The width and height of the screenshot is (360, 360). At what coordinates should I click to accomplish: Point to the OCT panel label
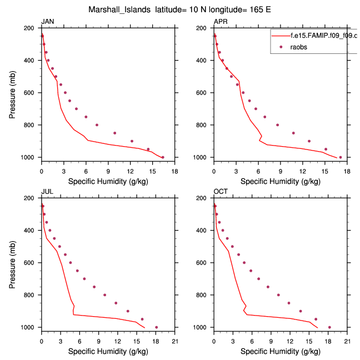point(221,192)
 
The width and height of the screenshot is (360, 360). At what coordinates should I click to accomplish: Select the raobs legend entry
point(299,47)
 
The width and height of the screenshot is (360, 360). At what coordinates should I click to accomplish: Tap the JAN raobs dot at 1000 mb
point(163,157)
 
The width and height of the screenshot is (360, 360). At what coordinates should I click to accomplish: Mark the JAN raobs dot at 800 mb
point(97,125)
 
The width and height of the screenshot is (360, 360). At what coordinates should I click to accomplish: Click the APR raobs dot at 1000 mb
point(340,157)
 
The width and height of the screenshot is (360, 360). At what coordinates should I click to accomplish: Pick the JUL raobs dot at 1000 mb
point(156,327)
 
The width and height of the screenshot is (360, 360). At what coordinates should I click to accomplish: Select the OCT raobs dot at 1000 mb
point(329,327)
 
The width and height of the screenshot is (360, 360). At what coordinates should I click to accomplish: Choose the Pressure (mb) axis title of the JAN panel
point(12,93)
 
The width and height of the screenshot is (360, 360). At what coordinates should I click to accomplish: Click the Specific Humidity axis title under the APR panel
point(280,181)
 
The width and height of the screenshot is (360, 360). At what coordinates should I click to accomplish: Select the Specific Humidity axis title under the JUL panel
point(108,351)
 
